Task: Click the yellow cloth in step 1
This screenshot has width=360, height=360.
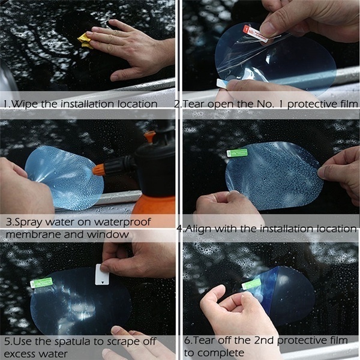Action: click(x=85, y=41)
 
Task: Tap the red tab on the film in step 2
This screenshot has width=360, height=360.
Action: click(x=254, y=32)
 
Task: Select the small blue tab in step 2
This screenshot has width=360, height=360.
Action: click(x=221, y=83)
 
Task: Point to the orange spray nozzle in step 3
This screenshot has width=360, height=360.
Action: click(x=100, y=169)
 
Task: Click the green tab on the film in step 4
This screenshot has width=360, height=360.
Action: click(x=237, y=153)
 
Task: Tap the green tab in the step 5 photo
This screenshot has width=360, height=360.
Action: click(x=41, y=283)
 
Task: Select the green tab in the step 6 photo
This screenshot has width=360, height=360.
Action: click(x=251, y=284)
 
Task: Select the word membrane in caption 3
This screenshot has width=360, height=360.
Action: click(x=32, y=234)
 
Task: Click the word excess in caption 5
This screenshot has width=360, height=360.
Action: click(x=22, y=353)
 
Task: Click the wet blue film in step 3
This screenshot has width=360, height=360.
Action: click(x=63, y=177)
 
